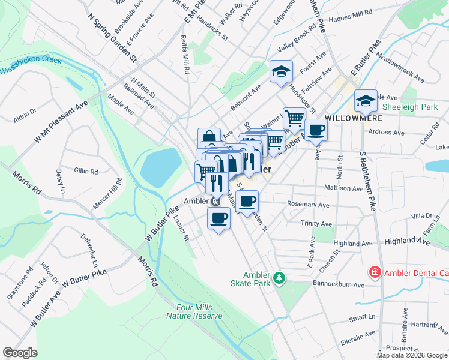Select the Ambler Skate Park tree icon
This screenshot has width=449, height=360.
279,278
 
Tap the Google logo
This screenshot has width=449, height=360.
20,352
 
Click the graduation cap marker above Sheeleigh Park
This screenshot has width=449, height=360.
364,101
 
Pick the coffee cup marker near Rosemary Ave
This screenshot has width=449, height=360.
246,202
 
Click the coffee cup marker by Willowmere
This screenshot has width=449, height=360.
316,129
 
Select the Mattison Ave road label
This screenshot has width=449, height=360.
343,188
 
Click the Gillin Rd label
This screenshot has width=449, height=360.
86,172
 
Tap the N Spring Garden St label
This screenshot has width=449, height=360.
112,39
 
